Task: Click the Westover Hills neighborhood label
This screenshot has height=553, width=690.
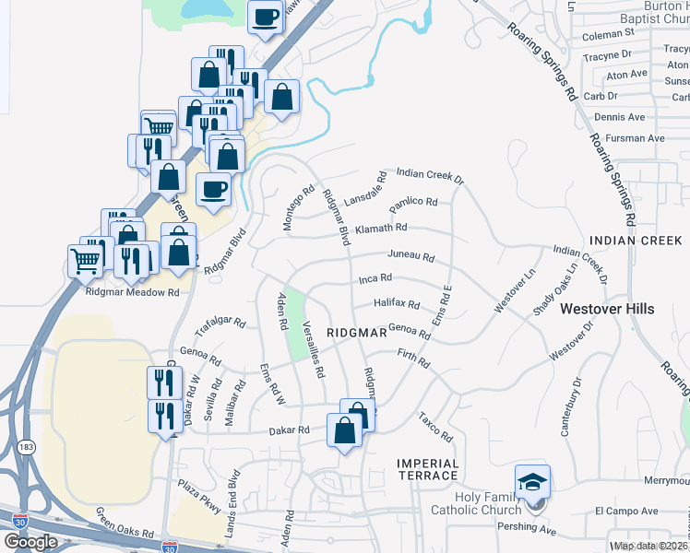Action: click(607, 309)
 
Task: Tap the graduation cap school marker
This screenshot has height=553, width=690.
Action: click(532, 482)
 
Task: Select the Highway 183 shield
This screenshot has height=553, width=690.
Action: click(27, 447)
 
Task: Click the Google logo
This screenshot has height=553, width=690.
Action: click(30, 541)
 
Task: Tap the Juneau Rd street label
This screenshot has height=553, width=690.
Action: click(411, 257)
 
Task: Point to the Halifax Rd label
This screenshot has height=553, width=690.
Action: click(397, 303)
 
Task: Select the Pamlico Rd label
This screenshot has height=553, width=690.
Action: click(412, 202)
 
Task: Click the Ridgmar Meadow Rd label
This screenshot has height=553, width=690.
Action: click(132, 292)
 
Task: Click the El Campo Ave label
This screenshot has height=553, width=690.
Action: click(626, 511)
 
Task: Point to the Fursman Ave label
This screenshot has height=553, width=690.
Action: click(643, 138)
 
